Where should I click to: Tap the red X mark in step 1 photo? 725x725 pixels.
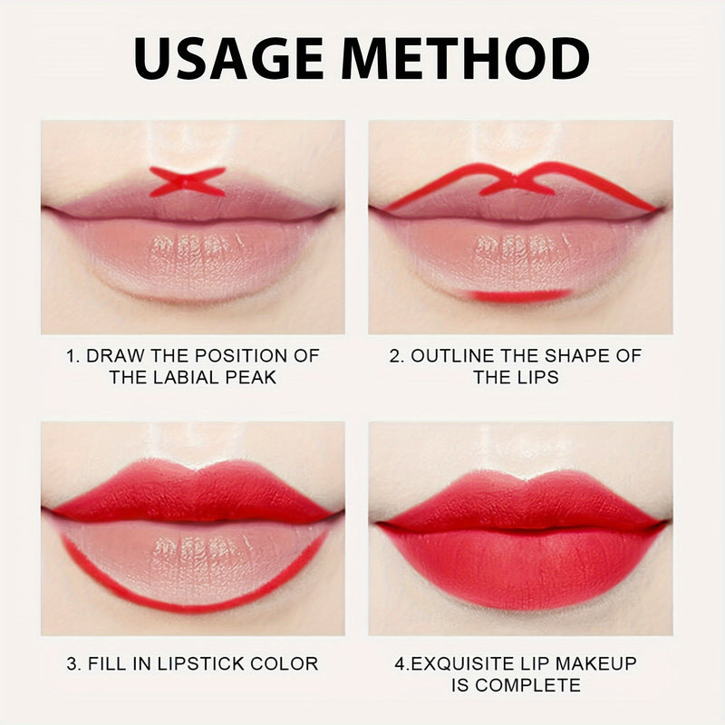pyautogui.click(x=187, y=181)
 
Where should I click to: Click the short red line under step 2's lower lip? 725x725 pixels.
pyautogui.click(x=517, y=295)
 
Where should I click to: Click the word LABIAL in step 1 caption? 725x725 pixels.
pyautogui.click(x=191, y=377)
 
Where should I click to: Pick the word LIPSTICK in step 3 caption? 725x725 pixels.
pyautogui.click(x=197, y=663)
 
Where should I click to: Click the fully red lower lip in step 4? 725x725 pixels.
pyautogui.click(x=521, y=566)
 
